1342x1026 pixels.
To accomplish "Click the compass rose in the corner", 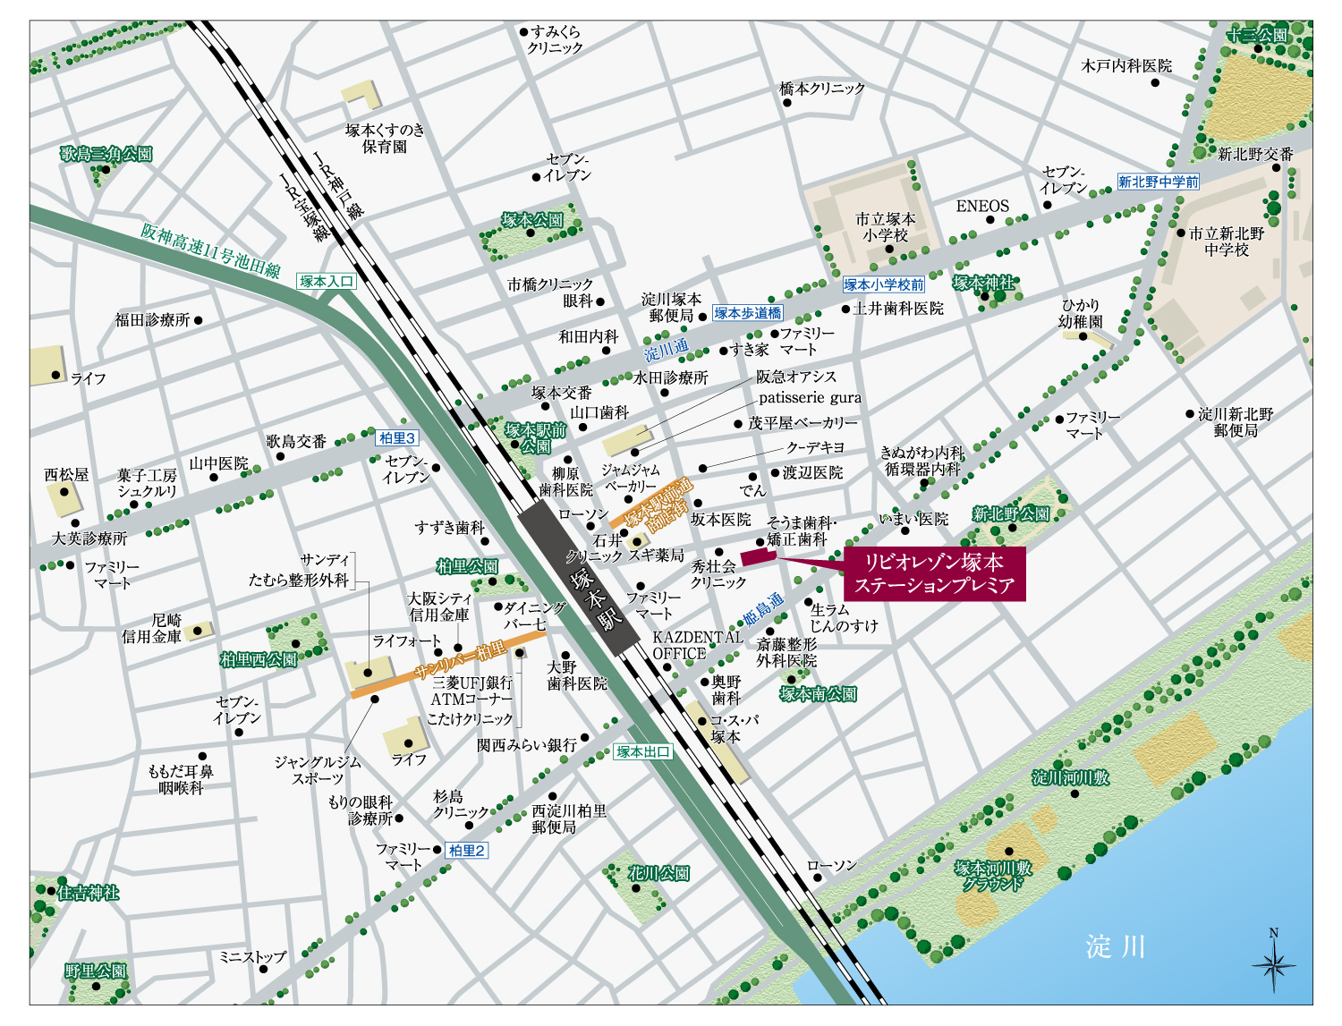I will tap(1274, 962).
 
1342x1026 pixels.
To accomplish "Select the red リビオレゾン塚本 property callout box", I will tap(934, 573).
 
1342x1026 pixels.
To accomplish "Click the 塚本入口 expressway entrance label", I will tap(327, 281).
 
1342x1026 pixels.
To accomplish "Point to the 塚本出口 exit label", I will tap(643, 751).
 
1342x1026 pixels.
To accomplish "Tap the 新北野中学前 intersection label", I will tap(1158, 182).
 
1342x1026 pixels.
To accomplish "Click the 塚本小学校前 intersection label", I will tap(883, 284).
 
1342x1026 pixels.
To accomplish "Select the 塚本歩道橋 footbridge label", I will tap(747, 313).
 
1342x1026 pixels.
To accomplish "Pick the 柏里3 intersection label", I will tap(397, 437).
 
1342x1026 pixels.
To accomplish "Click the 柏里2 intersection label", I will tap(467, 850).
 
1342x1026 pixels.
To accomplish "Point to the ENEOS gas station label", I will tap(982, 206).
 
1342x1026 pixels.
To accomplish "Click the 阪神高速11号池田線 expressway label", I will tap(210, 250).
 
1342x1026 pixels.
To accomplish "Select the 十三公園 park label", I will tap(1257, 35).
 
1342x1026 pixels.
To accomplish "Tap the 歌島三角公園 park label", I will tap(106, 154).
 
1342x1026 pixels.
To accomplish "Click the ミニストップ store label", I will tap(253, 956).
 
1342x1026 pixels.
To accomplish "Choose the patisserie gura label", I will tap(810, 398).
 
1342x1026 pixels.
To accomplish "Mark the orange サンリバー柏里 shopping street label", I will tap(461, 661).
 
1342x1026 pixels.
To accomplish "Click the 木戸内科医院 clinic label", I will tap(1126, 65).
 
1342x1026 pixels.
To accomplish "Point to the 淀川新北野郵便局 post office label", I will tap(1236, 422).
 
